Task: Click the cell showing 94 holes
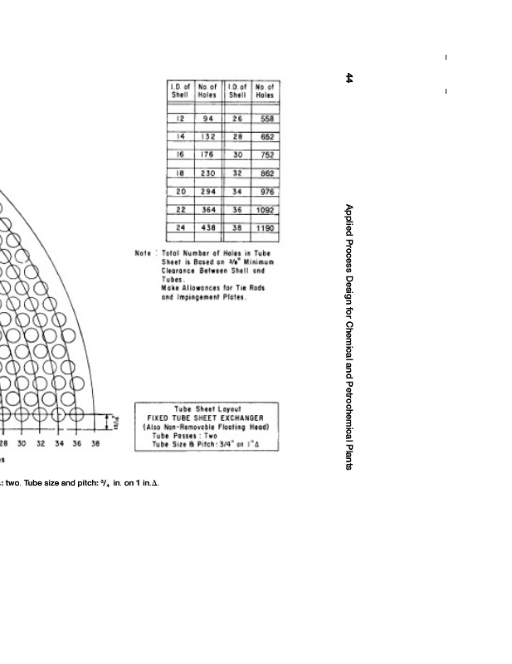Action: tap(208, 119)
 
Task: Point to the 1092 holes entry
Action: tap(266, 210)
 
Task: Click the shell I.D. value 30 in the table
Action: tap(237, 155)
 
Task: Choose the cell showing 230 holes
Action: tap(208, 173)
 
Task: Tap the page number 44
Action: tap(349, 78)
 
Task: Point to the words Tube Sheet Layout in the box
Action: tap(205, 409)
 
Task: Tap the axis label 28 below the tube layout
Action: tap(3, 444)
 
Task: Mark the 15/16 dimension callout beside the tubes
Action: tap(117, 423)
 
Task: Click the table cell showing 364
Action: tap(208, 210)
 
